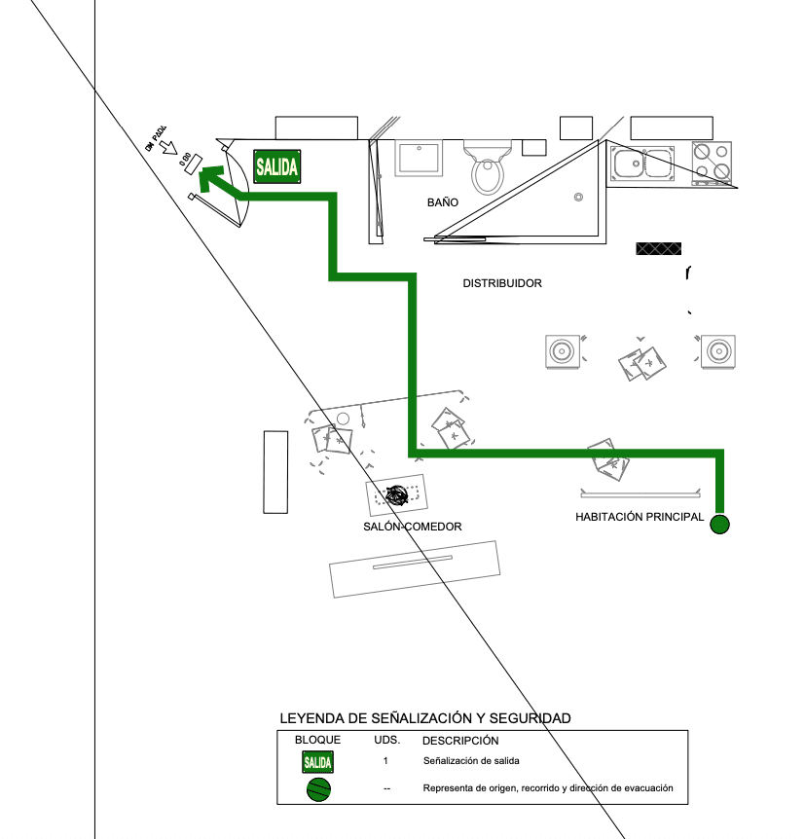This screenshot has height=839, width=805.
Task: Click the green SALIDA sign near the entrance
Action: (x=276, y=166)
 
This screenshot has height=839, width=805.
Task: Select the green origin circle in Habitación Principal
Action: (x=719, y=525)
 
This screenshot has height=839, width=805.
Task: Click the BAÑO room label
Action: (x=442, y=203)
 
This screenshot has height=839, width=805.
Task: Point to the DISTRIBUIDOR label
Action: (x=501, y=284)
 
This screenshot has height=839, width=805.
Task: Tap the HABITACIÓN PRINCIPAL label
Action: (x=640, y=517)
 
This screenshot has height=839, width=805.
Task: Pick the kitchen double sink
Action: (x=642, y=163)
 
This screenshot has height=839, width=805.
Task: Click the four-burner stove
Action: (x=711, y=163)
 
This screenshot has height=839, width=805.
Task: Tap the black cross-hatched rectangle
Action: (x=658, y=248)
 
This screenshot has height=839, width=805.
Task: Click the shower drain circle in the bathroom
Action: (x=578, y=198)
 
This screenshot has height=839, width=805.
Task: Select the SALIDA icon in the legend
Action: (x=317, y=761)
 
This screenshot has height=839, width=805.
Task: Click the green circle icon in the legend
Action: (x=317, y=789)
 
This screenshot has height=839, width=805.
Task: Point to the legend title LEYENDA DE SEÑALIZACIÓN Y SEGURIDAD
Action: (x=424, y=718)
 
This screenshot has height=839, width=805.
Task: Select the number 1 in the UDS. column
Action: (x=386, y=760)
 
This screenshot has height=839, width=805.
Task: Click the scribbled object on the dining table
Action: (x=397, y=494)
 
